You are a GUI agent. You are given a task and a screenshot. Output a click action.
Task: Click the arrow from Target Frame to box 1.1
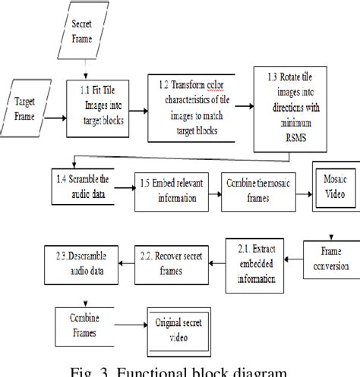pyautogui.click(x=54, y=118)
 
